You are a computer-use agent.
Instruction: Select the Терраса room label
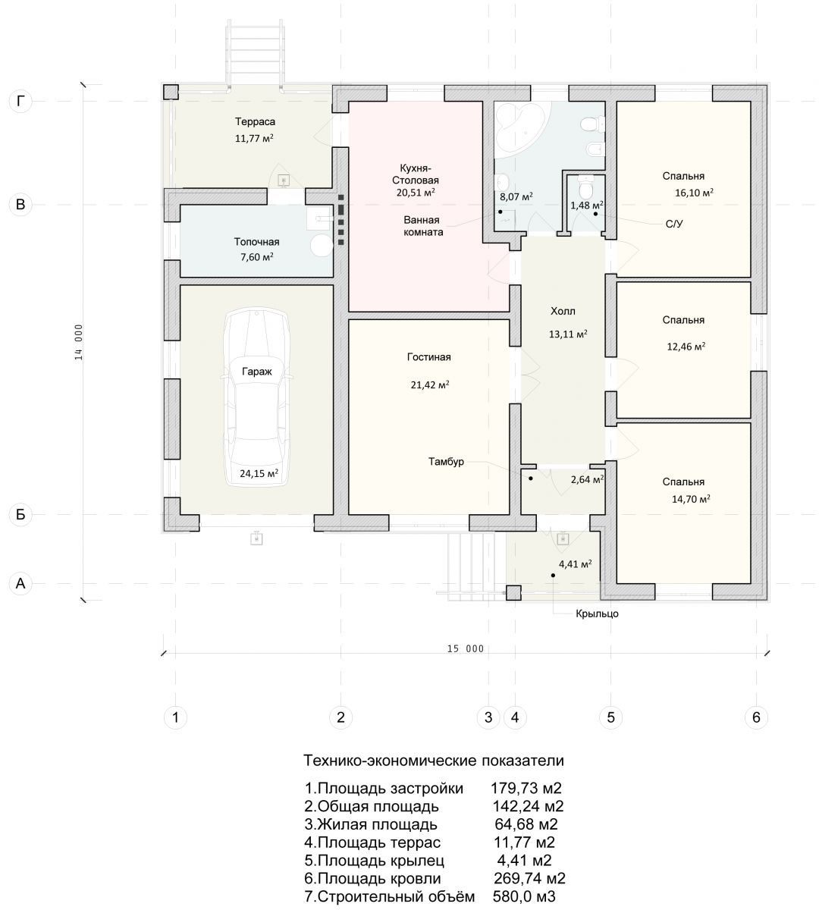pos(255,121)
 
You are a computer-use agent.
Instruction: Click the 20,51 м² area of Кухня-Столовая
pos(416,193)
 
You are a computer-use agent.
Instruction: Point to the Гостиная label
pos(428,357)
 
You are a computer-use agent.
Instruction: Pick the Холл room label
pos(563,311)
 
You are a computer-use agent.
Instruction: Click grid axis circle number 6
pos(756,717)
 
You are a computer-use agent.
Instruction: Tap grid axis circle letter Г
pos(20,101)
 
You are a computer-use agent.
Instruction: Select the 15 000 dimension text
pos(466,649)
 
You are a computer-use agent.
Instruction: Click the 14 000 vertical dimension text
pos(79,342)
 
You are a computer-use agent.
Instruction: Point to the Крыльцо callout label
pos(597,614)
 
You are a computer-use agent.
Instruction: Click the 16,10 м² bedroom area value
pos(694,193)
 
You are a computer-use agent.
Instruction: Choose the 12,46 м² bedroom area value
pos(686,347)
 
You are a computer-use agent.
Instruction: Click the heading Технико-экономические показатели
pos(433,761)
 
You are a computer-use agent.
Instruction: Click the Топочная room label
pos(256,242)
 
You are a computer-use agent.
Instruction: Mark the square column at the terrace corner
pos(171,92)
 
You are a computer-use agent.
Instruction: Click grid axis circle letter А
pos(20,583)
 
